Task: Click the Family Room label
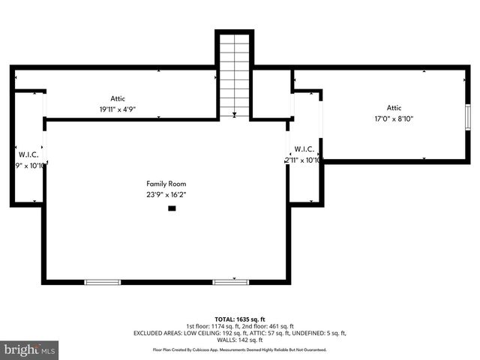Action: click(x=166, y=184)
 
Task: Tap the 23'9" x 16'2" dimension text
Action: click(x=166, y=195)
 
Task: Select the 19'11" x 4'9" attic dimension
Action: click(x=118, y=109)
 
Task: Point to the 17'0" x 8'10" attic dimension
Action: click(x=394, y=118)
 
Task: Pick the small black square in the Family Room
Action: click(x=172, y=208)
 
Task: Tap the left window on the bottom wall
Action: click(x=102, y=282)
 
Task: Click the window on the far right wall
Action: click(x=468, y=118)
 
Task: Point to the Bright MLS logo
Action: click(x=30, y=349)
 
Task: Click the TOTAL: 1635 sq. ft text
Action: click(x=240, y=319)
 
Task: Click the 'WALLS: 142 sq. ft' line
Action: click(x=240, y=340)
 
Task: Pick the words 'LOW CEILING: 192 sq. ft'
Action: click(x=203, y=333)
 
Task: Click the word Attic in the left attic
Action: click(x=118, y=98)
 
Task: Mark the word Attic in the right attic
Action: click(x=394, y=107)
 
